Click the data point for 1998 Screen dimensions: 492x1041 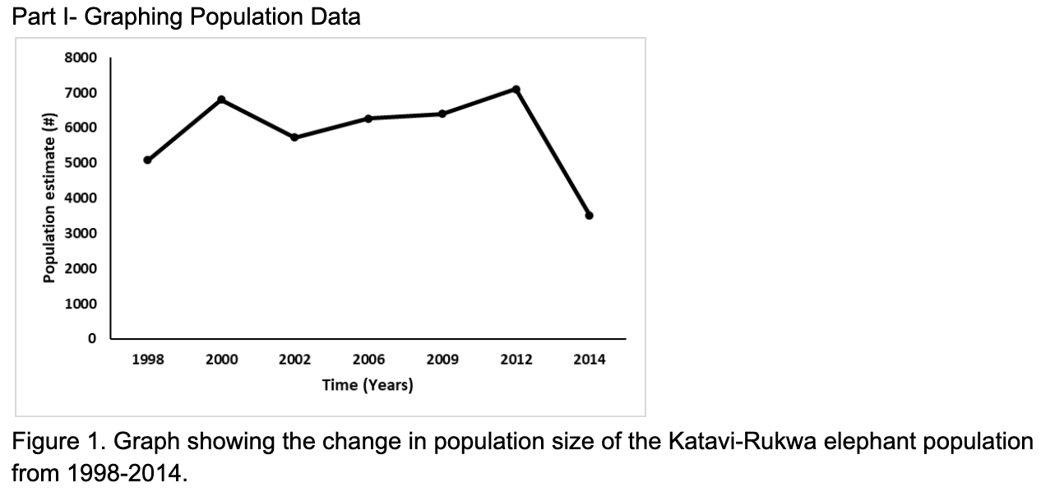pyautogui.click(x=147, y=160)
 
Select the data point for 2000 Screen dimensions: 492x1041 pyautogui.click(x=221, y=100)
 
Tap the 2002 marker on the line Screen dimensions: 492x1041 pyautogui.click(x=294, y=137)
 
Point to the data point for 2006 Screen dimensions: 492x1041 pyautogui.click(x=368, y=118)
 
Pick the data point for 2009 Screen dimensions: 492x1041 pyautogui.click(x=442, y=114)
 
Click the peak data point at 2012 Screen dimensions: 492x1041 pyautogui.click(x=516, y=89)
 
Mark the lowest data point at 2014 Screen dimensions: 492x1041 pyautogui.click(x=589, y=216)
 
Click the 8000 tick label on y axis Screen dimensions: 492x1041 pyautogui.click(x=81, y=58)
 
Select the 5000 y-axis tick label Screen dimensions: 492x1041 pyautogui.click(x=81, y=163)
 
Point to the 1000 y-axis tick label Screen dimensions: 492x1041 pyautogui.click(x=81, y=304)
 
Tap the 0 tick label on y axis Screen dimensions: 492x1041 pyautogui.click(x=92, y=338)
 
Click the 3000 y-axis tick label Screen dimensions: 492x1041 pyautogui.click(x=81, y=234)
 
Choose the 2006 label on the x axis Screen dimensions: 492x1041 pyautogui.click(x=368, y=360)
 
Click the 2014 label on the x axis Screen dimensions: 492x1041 pyautogui.click(x=589, y=360)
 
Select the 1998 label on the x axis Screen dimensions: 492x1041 pyautogui.click(x=147, y=360)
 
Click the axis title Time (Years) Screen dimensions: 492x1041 pyautogui.click(x=368, y=385)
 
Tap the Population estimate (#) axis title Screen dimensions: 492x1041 pyautogui.click(x=49, y=198)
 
